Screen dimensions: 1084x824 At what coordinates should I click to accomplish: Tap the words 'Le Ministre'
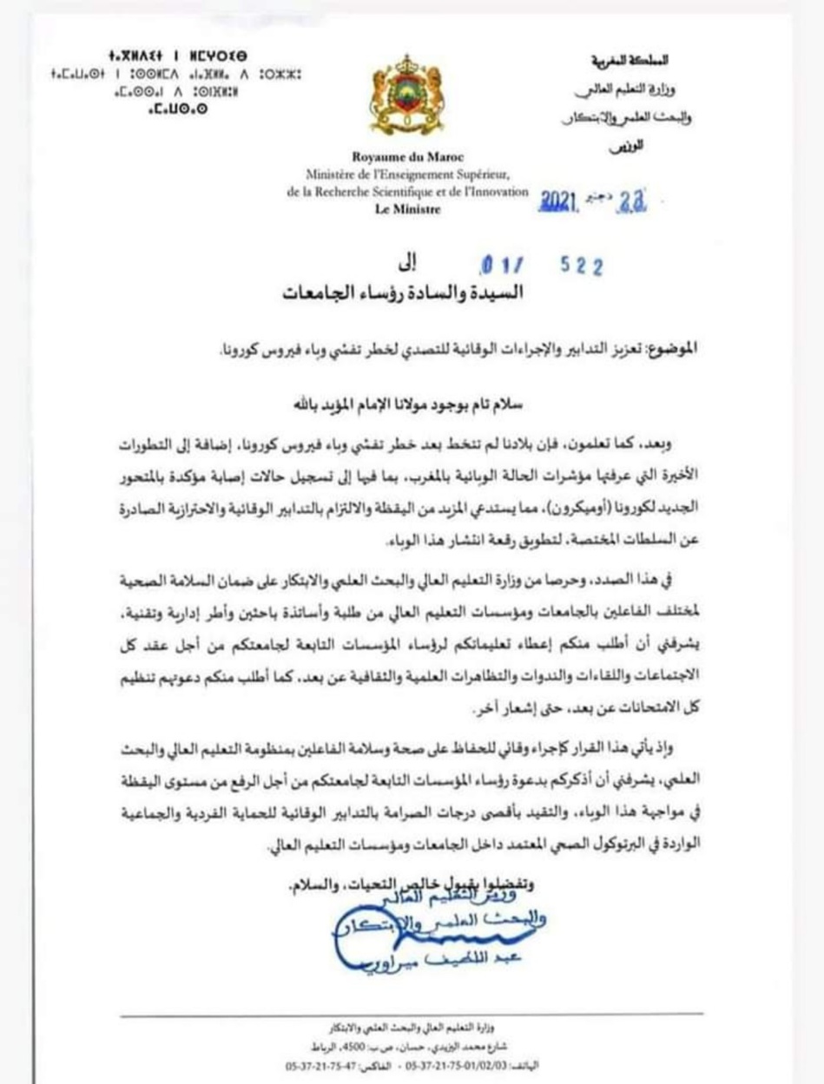click(x=407, y=208)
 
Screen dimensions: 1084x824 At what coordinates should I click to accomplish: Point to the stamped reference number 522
click(x=582, y=266)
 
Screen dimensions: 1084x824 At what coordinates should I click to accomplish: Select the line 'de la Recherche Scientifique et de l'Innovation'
click(x=407, y=192)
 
